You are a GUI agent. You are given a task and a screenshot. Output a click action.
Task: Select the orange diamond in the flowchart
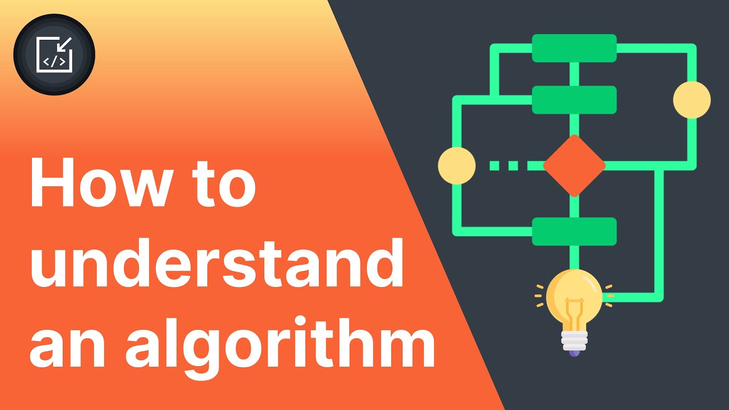[574, 166]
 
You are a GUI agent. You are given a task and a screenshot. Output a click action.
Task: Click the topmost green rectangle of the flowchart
[574, 48]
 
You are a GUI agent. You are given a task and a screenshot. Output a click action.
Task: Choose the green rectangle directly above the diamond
[574, 100]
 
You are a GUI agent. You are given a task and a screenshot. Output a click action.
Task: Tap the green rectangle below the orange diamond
[574, 231]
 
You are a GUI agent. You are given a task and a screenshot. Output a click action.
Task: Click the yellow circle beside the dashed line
[457, 166]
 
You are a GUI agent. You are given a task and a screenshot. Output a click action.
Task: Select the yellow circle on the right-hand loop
[692, 100]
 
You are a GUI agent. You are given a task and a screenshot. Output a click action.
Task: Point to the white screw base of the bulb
[574, 340]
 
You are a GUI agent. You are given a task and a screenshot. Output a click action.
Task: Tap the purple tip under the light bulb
[574, 353]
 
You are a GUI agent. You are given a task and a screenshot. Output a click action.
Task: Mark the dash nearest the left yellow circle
[494, 166]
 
